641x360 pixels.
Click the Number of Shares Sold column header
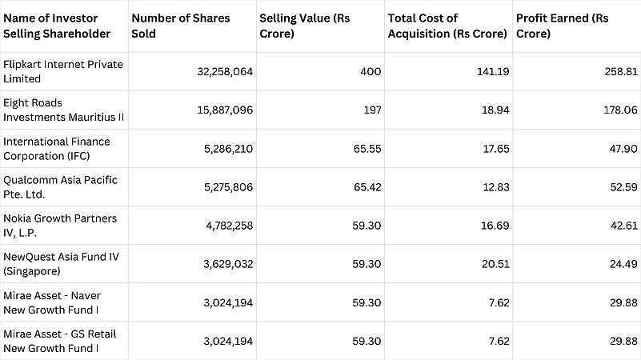[180, 26]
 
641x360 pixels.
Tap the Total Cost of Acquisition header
[447, 26]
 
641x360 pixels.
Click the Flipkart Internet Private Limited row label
[63, 71]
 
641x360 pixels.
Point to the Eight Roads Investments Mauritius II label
[63, 110]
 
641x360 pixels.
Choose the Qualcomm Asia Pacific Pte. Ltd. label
[60, 186]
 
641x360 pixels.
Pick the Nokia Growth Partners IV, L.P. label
[60, 225]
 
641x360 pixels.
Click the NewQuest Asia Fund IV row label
[62, 263]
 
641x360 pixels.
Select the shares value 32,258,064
[225, 71]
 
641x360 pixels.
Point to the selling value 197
[372, 110]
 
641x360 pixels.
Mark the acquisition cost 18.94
[495, 110]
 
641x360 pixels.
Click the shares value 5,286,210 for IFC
[226, 148]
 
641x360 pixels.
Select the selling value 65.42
[366, 186]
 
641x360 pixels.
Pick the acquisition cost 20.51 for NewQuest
[495, 264]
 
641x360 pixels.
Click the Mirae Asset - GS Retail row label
[60, 340]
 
